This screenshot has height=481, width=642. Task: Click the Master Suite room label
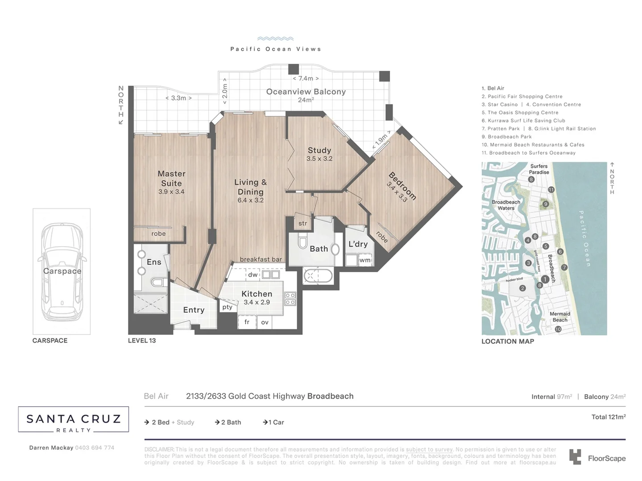point(171,179)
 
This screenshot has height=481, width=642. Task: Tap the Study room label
point(319,151)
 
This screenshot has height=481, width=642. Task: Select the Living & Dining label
point(250,187)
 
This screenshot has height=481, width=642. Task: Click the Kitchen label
point(256,294)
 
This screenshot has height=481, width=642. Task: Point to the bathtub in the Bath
point(318,276)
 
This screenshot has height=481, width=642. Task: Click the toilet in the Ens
point(157,282)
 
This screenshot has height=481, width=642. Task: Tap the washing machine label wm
point(365,260)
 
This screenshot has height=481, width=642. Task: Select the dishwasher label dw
point(253,275)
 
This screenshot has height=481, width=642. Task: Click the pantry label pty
point(227,307)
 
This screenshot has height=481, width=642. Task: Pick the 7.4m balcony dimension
point(305,78)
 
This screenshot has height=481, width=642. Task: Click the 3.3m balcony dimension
point(178,98)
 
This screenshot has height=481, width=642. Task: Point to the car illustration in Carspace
point(62,272)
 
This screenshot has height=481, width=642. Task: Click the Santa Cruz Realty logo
point(74,420)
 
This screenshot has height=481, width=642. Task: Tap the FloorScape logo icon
point(575,457)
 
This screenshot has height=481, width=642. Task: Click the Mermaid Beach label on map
point(560,317)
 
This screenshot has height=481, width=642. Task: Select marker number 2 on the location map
point(523,288)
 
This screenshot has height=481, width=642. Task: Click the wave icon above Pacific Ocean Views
point(275,39)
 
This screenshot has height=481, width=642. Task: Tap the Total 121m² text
point(608,417)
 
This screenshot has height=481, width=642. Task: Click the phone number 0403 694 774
point(95,448)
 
